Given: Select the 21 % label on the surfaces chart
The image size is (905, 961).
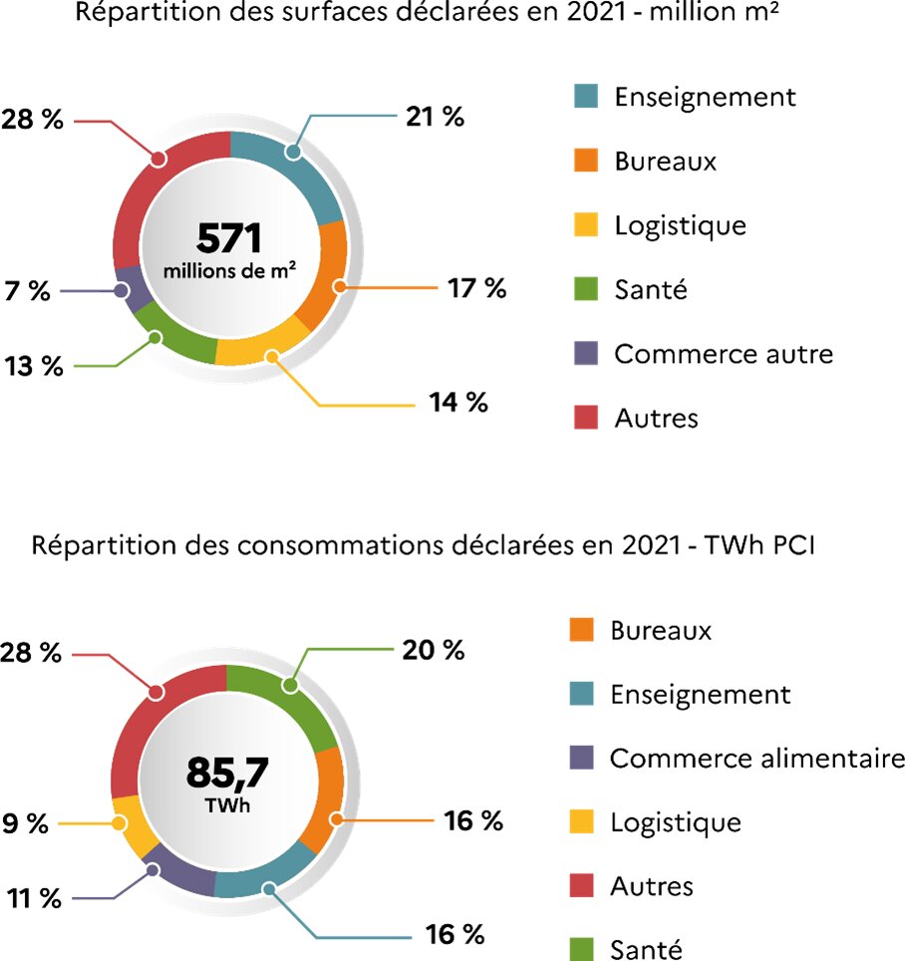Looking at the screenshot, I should [436, 117].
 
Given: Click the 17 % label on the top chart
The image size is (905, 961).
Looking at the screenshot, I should [476, 289].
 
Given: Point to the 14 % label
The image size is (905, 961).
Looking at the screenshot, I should [457, 403].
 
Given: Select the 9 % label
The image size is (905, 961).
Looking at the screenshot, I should [24, 823].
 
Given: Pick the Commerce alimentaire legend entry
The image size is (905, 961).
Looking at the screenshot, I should [756, 759].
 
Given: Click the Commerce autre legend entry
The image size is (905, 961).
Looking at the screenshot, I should [723, 354].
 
